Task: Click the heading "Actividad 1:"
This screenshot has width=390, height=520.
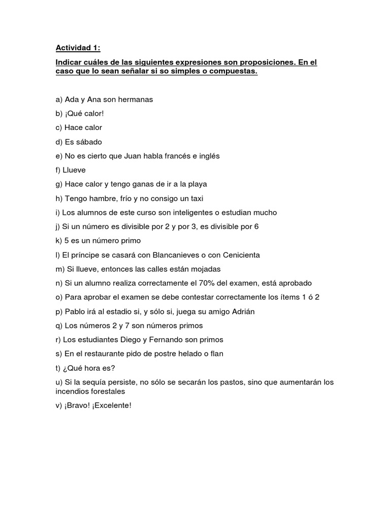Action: tap(78, 48)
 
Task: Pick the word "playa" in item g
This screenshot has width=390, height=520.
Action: tap(197, 184)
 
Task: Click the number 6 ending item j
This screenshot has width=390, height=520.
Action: tap(256, 226)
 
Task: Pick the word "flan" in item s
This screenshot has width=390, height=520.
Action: tap(216, 353)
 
